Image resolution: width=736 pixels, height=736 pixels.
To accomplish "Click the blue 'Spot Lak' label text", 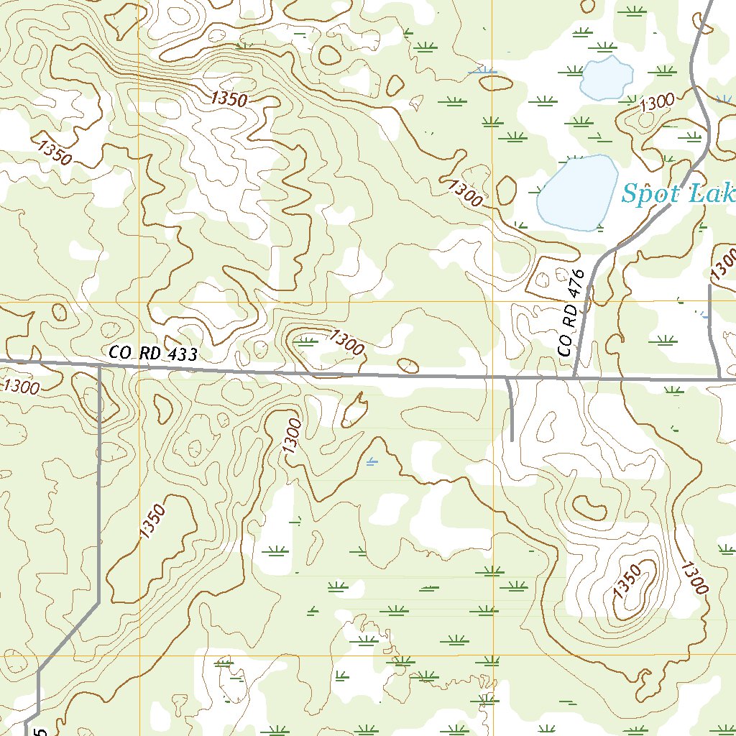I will pyautogui.click(x=677, y=193).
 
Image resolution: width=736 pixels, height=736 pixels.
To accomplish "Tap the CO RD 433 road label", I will pyautogui.click(x=152, y=354).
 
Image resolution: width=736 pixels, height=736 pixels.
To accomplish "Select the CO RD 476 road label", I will pyautogui.click(x=567, y=317).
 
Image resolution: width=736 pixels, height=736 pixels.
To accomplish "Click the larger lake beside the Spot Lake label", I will pyautogui.click(x=576, y=193).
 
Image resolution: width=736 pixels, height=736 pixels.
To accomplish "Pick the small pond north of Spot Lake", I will pyautogui.click(x=606, y=78).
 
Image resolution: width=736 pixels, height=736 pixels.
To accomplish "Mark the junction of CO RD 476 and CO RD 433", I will pyautogui.click(x=574, y=377).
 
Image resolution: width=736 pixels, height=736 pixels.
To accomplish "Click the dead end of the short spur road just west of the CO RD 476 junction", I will pyautogui.click(x=512, y=439).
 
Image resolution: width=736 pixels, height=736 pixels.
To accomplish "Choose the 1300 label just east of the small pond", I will pyautogui.click(x=655, y=102).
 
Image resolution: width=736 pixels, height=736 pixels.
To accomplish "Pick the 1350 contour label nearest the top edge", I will pyautogui.click(x=229, y=99).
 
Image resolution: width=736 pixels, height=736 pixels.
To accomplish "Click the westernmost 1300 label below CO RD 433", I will pyautogui.click(x=21, y=387).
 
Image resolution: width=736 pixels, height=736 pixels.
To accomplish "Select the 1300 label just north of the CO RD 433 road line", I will pyautogui.click(x=346, y=342).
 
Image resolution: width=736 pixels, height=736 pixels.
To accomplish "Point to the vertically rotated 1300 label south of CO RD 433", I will pyautogui.click(x=290, y=436).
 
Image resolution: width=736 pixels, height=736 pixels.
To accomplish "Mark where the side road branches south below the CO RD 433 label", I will pyautogui.click(x=99, y=366).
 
